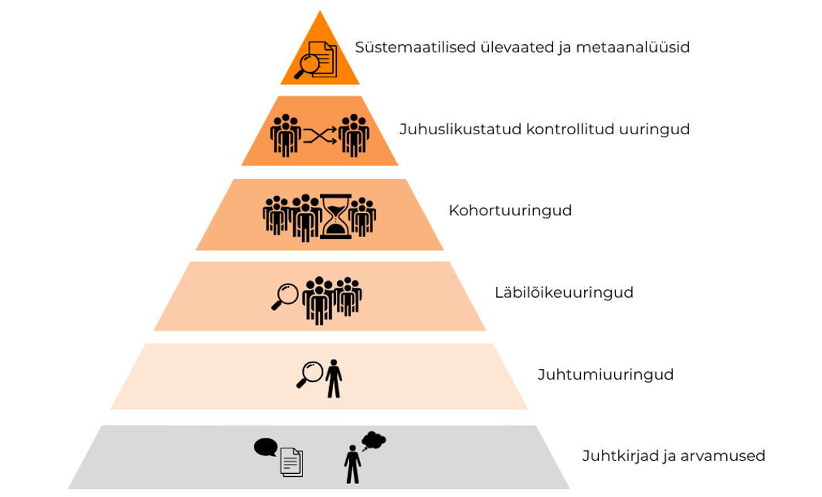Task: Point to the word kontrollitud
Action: pyautogui.click(x=570, y=130)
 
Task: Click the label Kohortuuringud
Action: pyautogui.click(x=510, y=211)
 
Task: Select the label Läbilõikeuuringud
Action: pyautogui.click(x=563, y=293)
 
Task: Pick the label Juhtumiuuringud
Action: pyautogui.click(x=605, y=375)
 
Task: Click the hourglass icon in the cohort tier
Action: pyautogui.click(x=335, y=216)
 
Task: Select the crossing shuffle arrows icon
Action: pyautogui.click(x=319, y=136)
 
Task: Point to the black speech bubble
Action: pyautogui.click(x=265, y=447)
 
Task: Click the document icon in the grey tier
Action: pyautogui.click(x=290, y=462)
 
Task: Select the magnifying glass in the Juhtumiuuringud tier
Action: pyautogui.click(x=310, y=374)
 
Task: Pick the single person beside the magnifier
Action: pyautogui.click(x=334, y=378)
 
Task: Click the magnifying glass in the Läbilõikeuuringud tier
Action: pyautogui.click(x=285, y=296)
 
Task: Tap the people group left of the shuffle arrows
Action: pyautogui.click(x=285, y=135)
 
